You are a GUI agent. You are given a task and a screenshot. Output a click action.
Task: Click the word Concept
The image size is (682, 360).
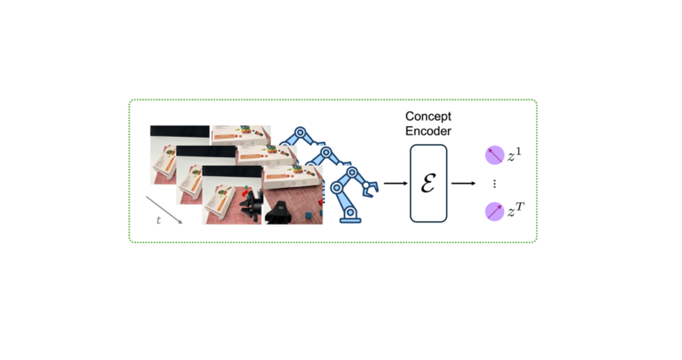428,116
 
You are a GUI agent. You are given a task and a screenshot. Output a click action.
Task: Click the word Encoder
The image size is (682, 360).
428,131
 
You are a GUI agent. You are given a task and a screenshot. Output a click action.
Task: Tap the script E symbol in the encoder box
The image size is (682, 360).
428,183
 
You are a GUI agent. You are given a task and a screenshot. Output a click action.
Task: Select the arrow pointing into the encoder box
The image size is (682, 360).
396,183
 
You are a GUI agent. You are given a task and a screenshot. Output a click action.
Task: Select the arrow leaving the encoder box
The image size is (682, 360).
463,183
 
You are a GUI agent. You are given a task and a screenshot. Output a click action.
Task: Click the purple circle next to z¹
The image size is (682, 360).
494,155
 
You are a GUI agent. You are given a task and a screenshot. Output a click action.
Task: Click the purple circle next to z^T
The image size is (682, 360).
494,211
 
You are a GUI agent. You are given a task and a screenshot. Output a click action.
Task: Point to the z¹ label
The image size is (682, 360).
514,155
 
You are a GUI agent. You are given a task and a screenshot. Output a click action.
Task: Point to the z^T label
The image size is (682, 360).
516,210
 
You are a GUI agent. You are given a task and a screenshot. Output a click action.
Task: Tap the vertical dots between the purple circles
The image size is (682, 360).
494,183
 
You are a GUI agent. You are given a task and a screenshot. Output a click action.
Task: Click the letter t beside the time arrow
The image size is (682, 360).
158,220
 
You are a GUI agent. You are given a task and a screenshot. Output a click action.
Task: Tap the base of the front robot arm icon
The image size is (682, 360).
350,219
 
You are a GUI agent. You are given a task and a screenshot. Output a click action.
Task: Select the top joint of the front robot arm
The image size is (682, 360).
352,172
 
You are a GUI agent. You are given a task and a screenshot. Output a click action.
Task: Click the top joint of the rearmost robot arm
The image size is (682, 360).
300,133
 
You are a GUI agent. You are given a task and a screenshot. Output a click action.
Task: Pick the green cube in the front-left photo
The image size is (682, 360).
246,187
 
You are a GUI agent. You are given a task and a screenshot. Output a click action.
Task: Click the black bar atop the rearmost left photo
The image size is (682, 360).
180,131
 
